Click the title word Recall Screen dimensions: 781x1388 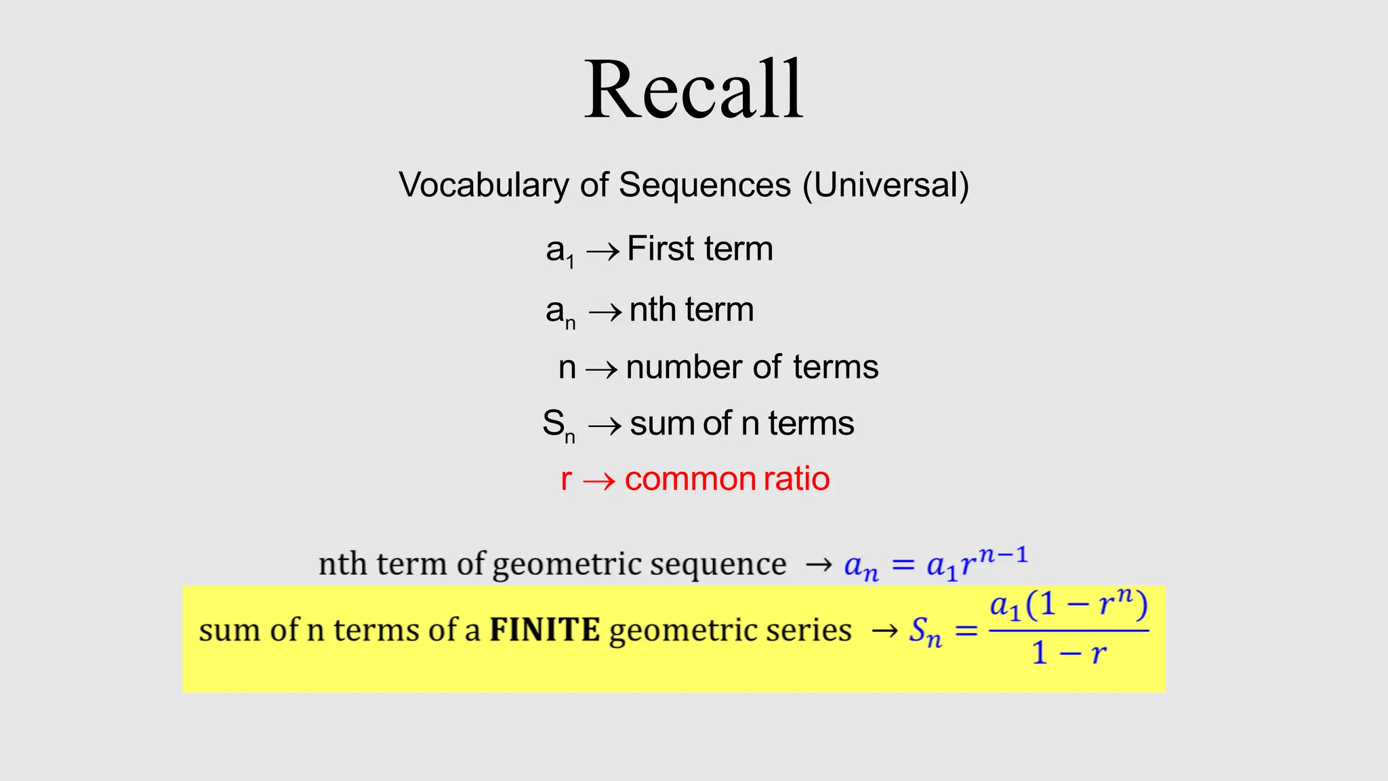(693, 89)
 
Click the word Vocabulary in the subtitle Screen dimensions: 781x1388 (484, 185)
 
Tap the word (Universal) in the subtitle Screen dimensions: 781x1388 (886, 185)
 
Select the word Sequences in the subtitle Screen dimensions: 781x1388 (704, 185)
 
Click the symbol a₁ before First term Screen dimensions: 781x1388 (560, 251)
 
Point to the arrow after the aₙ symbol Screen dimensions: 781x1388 (605, 312)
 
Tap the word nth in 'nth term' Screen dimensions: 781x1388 (652, 310)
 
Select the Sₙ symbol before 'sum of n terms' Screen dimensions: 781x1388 (558, 425)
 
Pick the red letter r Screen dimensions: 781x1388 (566, 479)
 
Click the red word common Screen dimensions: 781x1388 (691, 479)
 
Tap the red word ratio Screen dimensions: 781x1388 (796, 479)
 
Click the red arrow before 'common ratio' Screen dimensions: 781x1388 (598, 481)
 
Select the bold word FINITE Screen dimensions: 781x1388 (544, 630)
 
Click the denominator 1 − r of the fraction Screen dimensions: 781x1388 (1069, 654)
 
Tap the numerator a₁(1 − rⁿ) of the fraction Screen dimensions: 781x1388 (1069, 605)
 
